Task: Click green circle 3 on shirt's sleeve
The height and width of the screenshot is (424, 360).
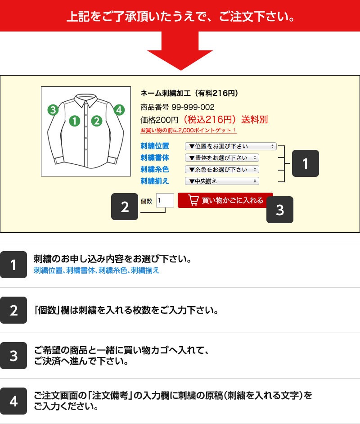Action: coord(53,110)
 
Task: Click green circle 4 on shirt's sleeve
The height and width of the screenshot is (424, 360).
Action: coord(119,110)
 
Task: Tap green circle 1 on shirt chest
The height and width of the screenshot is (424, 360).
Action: coord(75,121)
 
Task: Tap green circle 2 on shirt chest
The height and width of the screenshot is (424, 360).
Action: coord(96,121)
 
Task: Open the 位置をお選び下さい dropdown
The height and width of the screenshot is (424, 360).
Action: coord(230,146)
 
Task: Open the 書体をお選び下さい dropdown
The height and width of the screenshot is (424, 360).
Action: coord(222,158)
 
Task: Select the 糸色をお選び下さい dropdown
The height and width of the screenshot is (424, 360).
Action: coord(222,169)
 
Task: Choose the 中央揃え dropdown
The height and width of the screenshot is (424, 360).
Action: coord(222,181)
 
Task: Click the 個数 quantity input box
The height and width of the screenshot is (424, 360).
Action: coord(165,200)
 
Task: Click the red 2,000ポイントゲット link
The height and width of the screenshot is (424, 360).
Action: coord(189,131)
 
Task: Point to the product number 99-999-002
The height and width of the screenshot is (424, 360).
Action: coord(193,107)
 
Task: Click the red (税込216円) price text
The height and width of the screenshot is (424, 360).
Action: coord(210,119)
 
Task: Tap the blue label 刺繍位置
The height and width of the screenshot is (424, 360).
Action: coord(155,146)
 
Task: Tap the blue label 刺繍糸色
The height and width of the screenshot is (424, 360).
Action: coord(155,169)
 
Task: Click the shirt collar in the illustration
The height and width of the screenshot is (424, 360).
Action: coord(85,100)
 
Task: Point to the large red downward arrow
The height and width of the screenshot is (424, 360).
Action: coord(180,51)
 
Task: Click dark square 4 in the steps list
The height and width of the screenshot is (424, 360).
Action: coord(13,401)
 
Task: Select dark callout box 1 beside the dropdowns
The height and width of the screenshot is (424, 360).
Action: coord(306,163)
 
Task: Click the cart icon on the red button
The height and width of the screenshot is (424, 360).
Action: coord(193,200)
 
